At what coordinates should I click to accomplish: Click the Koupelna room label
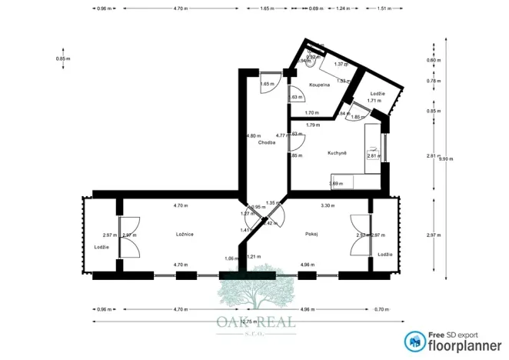pyautogui.click(x=319, y=84)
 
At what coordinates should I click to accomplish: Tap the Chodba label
pyautogui.click(x=267, y=142)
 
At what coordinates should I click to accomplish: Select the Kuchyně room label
pyautogui.click(x=337, y=153)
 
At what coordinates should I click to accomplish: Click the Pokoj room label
pyautogui.click(x=311, y=234)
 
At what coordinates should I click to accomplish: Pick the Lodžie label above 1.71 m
pyautogui.click(x=374, y=92)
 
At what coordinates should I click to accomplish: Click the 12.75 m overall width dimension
pyautogui.click(x=248, y=321)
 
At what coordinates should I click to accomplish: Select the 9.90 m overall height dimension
pyautogui.click(x=445, y=159)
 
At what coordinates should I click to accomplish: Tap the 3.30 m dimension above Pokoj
pyautogui.click(x=326, y=205)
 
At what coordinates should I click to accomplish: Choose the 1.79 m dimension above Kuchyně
pyautogui.click(x=312, y=125)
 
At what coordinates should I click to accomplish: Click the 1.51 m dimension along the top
pyautogui.click(x=383, y=8)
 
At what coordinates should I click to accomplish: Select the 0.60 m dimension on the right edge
pyautogui.click(x=434, y=60)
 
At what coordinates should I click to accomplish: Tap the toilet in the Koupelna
pyautogui.click(x=309, y=63)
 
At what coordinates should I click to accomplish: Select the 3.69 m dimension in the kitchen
pyautogui.click(x=335, y=183)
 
